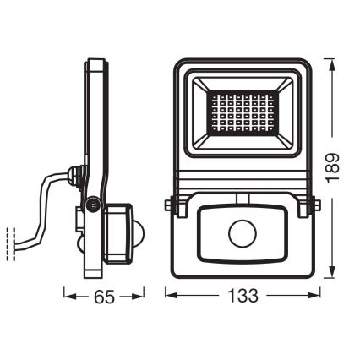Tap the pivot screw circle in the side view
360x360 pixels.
coord(92,203)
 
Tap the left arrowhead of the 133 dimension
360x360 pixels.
coord(170,297)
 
